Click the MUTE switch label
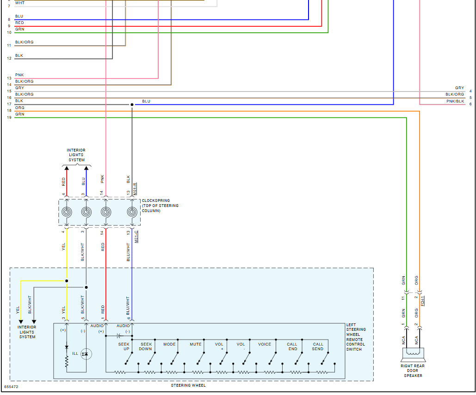coord(195,344)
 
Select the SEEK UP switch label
coord(124,346)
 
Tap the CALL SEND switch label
coord(318,346)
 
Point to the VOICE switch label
coord(265,344)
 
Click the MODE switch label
coord(169,344)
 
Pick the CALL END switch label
coord(292,346)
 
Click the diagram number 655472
coord(12,386)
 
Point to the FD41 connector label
coord(423,300)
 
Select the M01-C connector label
coord(136,237)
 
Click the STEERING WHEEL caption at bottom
coord(188,385)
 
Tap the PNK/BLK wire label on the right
coord(455,101)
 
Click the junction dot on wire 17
coord(132,105)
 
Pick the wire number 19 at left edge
coord(9,118)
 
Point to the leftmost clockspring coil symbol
coord(67,212)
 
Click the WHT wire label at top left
coord(20,3)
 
